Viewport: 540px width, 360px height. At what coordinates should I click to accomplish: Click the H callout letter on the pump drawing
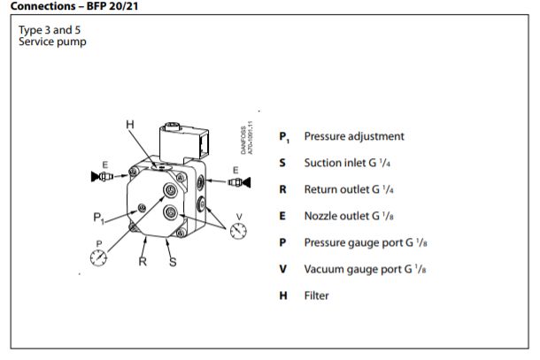[x=131, y=125]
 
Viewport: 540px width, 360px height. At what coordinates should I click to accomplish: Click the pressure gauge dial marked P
[x=99, y=257]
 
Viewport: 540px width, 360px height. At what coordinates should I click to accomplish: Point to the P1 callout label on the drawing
[x=99, y=217]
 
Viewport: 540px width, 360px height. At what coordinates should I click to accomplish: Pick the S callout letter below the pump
[x=173, y=262]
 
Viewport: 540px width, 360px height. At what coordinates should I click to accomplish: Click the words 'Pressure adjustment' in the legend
[x=353, y=137]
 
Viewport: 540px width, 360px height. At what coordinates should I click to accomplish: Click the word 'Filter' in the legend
[x=316, y=295]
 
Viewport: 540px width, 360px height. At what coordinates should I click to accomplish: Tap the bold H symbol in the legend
[x=283, y=295]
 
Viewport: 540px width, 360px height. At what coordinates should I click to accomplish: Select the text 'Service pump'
[x=52, y=42]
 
